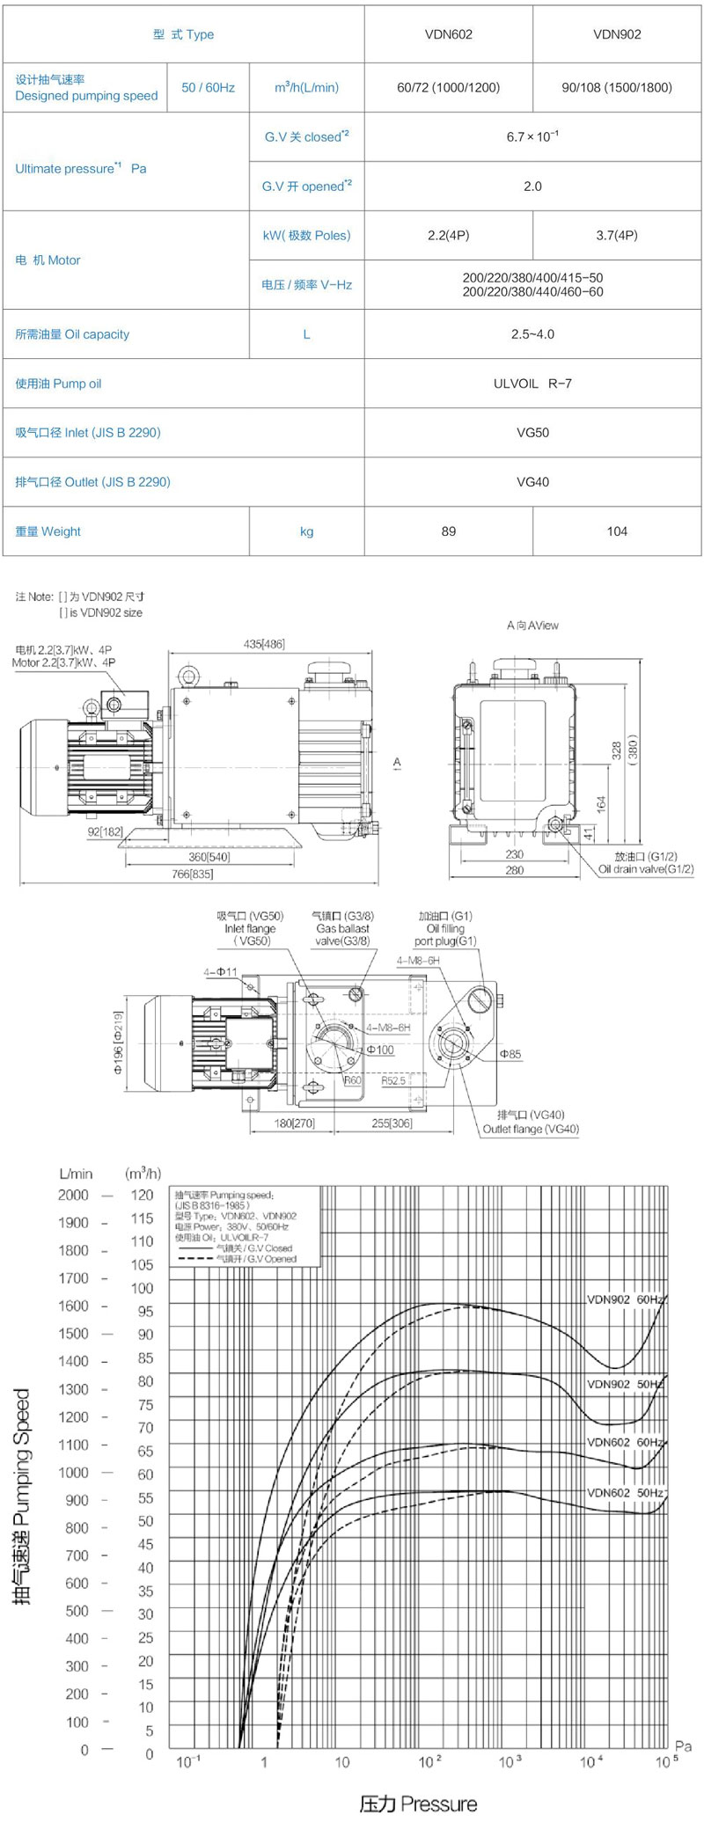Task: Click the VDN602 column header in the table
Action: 448,34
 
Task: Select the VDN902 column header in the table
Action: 617,34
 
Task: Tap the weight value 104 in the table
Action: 617,531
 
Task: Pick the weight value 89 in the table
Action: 448,531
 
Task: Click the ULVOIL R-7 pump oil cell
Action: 532,384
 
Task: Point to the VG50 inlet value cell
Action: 532,433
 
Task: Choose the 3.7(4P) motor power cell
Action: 617,236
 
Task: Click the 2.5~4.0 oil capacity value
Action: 532,334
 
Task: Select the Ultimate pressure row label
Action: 80,169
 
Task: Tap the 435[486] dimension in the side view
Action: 264,644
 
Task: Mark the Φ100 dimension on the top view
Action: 380,1050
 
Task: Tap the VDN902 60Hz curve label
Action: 625,1299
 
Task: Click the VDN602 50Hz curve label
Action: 625,1492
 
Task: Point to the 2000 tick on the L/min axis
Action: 73,1195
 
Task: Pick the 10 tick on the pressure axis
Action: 341,1762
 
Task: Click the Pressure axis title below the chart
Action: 418,1804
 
